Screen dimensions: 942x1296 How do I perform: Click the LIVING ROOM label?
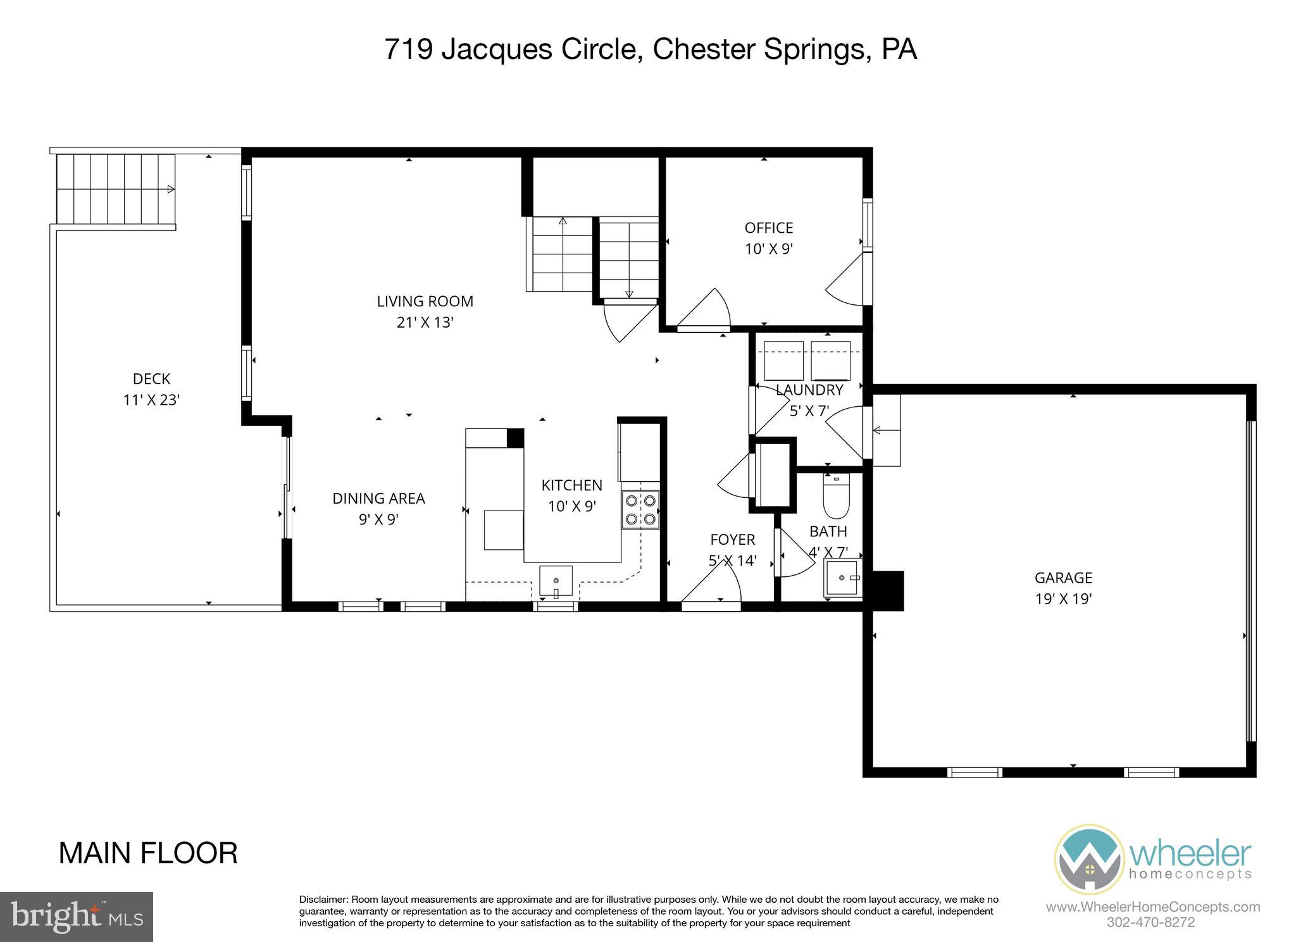pyautogui.click(x=425, y=301)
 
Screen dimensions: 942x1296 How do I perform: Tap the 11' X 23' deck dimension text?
pyautogui.click(x=151, y=400)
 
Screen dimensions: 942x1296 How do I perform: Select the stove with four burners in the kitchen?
pyautogui.click(x=640, y=510)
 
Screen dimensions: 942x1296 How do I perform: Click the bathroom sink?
pyautogui.click(x=842, y=578)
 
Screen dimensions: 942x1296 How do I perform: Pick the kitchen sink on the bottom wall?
pyautogui.click(x=556, y=581)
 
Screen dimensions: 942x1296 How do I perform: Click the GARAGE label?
pyautogui.click(x=1063, y=578)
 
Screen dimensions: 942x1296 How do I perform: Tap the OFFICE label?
pyautogui.click(x=768, y=228)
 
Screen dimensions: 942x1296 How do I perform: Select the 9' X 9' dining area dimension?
pyautogui.click(x=378, y=519)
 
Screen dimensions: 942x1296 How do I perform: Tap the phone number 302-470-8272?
pyautogui.click(x=1150, y=922)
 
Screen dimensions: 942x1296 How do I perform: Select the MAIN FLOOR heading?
pyautogui.click(x=148, y=853)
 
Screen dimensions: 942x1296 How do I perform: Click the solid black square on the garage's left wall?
pyautogui.click(x=888, y=591)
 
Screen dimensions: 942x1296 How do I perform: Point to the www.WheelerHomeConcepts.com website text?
pyautogui.click(x=1152, y=907)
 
